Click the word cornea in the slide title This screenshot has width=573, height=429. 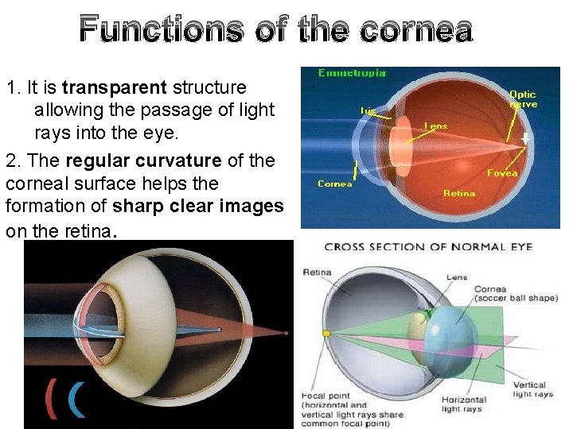click(x=416, y=31)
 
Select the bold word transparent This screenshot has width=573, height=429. click(x=115, y=87)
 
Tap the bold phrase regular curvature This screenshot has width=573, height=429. click(x=143, y=160)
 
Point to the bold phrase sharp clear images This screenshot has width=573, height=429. click(x=198, y=207)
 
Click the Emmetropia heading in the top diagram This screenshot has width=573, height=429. click(x=352, y=73)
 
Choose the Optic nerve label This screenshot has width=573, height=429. click(x=523, y=99)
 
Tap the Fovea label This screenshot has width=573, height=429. click(x=502, y=172)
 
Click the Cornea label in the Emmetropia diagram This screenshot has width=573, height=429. click(x=335, y=184)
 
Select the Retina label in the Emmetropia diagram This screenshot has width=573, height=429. click(x=459, y=192)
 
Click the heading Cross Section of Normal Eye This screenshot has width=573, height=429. click(x=428, y=247)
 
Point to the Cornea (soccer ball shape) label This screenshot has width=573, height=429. click(x=515, y=293)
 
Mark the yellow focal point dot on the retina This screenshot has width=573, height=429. click(x=325, y=334)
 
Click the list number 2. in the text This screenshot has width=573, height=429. click(x=13, y=160)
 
